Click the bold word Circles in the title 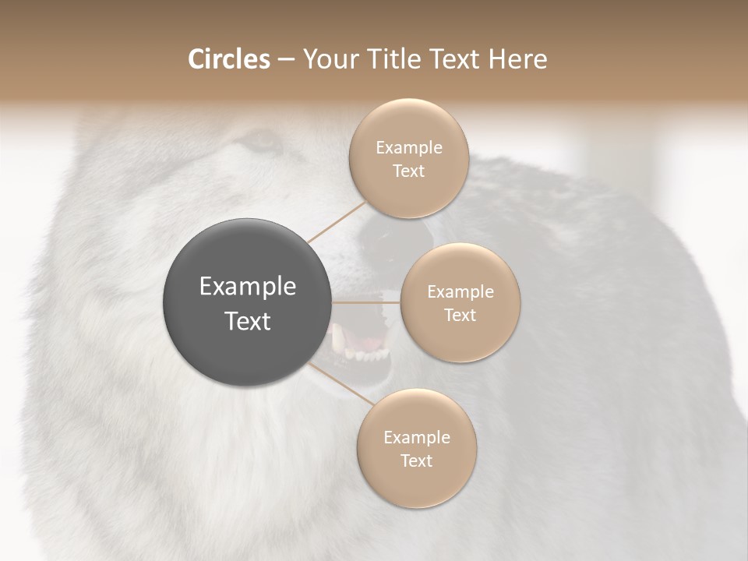coord(229,59)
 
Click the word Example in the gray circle coord(248,287)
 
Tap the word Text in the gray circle coord(248,321)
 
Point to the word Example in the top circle coord(409,148)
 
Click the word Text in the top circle coord(408,171)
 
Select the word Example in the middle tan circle coord(460,292)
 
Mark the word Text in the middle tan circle coord(460,316)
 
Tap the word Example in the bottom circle coord(417,438)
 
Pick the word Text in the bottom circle coord(416,461)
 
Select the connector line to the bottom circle coord(340,383)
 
